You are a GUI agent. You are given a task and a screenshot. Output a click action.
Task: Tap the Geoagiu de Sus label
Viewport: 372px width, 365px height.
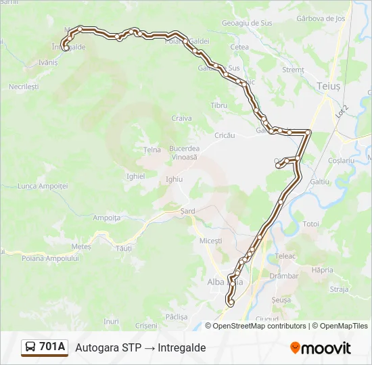coord(247,22)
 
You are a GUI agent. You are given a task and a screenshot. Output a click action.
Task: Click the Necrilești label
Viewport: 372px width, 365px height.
coord(24,87)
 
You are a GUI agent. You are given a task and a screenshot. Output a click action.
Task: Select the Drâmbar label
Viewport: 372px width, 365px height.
coord(283,276)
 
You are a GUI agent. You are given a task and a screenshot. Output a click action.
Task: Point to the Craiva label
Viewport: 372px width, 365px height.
coord(181,118)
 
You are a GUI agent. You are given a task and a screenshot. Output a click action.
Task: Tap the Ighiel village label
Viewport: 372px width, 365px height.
coord(135,176)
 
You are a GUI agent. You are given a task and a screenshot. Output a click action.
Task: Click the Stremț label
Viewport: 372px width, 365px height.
coord(293,69)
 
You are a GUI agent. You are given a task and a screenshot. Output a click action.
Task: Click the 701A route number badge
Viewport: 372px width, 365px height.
coord(53,347)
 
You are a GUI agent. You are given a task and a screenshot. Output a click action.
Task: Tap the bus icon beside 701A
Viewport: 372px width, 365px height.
coord(31,347)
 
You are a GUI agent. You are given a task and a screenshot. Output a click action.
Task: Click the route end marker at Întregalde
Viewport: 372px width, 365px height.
coord(65,47)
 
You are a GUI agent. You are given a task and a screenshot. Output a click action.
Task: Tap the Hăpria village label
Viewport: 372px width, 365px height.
coord(323,270)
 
